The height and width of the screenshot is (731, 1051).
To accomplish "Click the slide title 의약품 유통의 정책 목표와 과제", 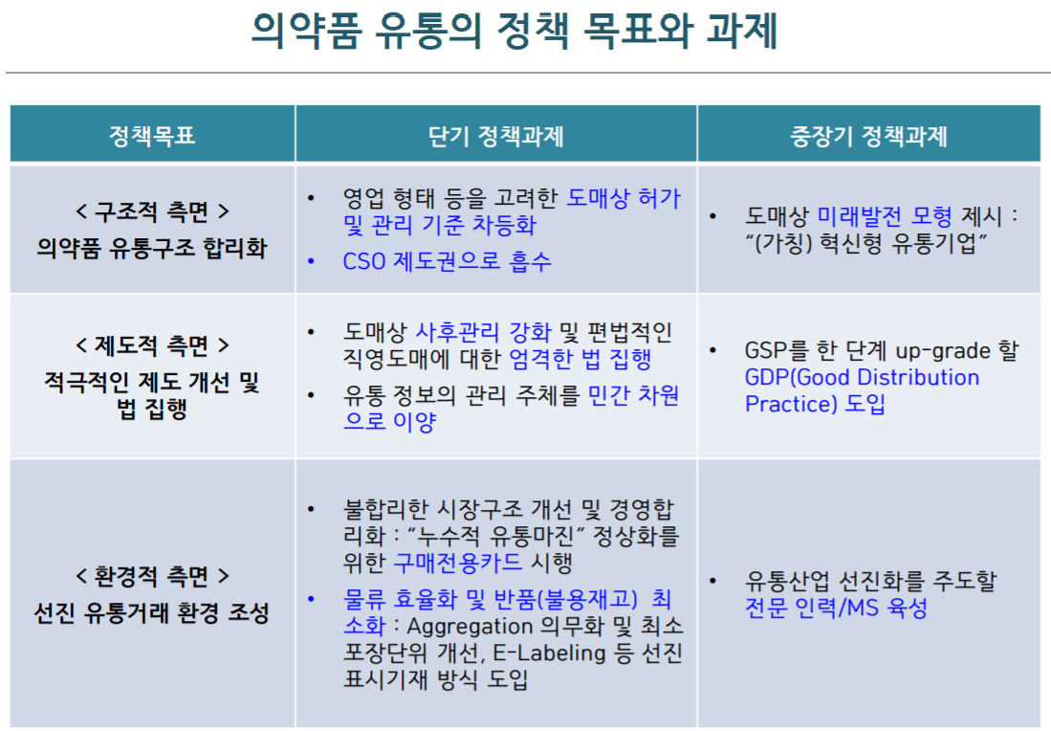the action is (x=515, y=31).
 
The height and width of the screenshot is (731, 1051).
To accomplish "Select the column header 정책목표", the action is (x=152, y=136).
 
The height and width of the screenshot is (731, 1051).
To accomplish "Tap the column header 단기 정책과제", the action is (x=496, y=136).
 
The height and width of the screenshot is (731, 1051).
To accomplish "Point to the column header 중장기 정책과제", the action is (x=868, y=136).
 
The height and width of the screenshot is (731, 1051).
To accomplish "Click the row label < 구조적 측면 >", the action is (x=152, y=211).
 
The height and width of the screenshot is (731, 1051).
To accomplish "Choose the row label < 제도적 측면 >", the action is (x=152, y=346).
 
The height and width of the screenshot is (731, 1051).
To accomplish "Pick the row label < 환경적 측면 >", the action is (x=152, y=576).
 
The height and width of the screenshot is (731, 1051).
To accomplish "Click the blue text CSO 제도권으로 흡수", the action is (x=447, y=261).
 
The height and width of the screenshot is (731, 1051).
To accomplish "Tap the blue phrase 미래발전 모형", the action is (x=885, y=216).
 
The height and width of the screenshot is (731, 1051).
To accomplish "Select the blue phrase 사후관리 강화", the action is (x=483, y=332).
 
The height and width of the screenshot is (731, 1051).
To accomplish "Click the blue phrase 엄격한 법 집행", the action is (x=580, y=359).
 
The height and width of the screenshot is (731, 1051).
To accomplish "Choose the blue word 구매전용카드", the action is (x=458, y=562).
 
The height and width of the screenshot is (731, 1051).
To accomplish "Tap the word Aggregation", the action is (x=470, y=627).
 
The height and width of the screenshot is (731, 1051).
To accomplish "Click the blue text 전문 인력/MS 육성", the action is (x=837, y=608).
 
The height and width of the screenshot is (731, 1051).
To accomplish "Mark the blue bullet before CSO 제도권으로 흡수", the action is (x=311, y=261).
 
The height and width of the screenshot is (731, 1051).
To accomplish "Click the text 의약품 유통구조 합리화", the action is (x=152, y=248).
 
